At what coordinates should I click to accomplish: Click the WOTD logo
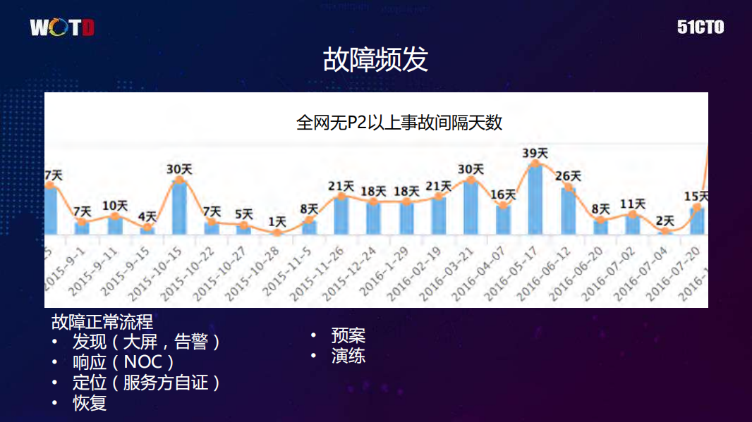pyautogui.click(x=62, y=28)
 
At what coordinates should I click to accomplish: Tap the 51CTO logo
pyautogui.click(x=701, y=27)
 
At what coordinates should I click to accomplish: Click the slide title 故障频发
pyautogui.click(x=375, y=60)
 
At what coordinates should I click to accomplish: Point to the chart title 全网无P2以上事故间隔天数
pyautogui.click(x=399, y=122)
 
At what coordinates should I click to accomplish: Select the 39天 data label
pyautogui.click(x=535, y=153)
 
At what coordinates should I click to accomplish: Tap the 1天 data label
pyautogui.click(x=277, y=221)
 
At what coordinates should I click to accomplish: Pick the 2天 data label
pyautogui.click(x=665, y=221)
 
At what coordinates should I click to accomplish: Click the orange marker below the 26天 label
pyautogui.click(x=569, y=187)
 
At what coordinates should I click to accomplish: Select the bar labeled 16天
pyautogui.click(x=503, y=220)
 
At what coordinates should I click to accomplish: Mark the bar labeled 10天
pyautogui.click(x=115, y=225)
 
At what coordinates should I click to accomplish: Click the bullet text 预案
pyautogui.click(x=348, y=335)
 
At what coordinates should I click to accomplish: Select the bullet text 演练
pyautogui.click(x=348, y=356)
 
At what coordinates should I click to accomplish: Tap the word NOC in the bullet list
pyautogui.click(x=143, y=362)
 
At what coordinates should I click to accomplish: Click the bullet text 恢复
pyautogui.click(x=90, y=404)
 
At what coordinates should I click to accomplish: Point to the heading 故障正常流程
pyautogui.click(x=102, y=322)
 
